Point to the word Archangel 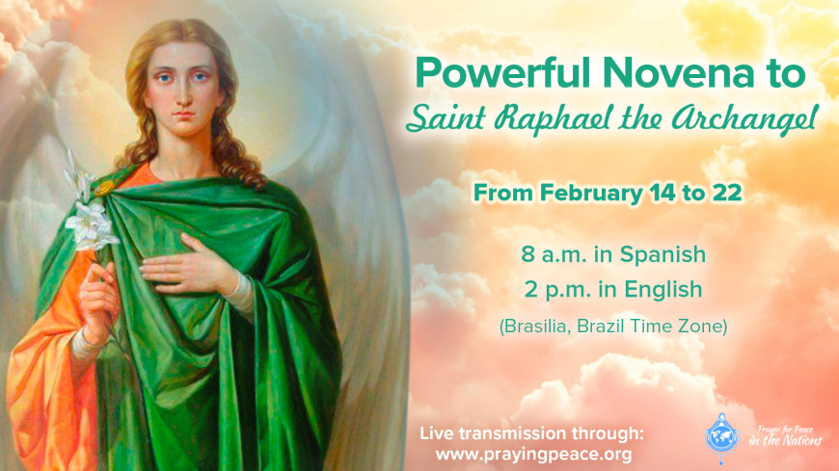click(x=745, y=119)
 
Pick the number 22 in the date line click(x=727, y=193)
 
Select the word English click(x=663, y=290)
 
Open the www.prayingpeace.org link click(x=533, y=455)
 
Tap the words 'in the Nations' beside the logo click(x=786, y=441)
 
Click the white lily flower click(x=89, y=223)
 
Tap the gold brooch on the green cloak click(x=103, y=189)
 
